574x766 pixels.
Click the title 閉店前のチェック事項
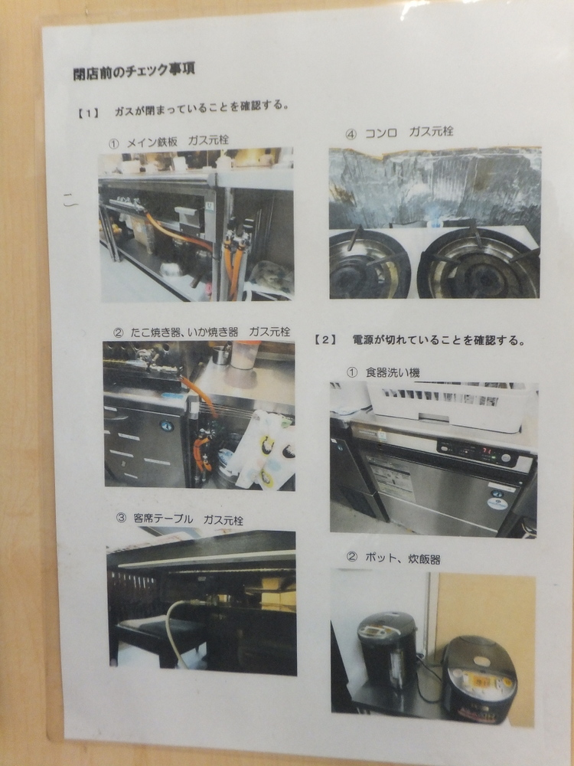click(134, 70)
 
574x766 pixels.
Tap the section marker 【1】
click(88, 113)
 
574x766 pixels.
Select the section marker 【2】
click(325, 341)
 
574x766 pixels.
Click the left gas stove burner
click(370, 265)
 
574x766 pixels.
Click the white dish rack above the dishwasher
click(449, 407)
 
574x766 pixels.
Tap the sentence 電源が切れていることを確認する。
click(439, 341)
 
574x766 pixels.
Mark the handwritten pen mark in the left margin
click(70, 201)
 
